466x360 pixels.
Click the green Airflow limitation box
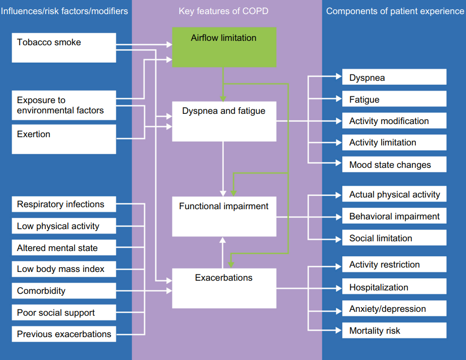224,47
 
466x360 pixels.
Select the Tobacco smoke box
64,48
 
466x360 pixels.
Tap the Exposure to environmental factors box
64,106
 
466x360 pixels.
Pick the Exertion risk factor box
64,139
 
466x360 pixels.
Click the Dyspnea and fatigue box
224,121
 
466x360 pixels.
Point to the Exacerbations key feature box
224,288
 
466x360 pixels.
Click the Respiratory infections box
64,204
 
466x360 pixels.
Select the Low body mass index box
64,269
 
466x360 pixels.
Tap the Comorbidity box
64,291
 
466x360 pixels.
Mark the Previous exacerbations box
64,334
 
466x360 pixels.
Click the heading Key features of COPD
224,11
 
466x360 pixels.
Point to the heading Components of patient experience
395,11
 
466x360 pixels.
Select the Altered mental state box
64,248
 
